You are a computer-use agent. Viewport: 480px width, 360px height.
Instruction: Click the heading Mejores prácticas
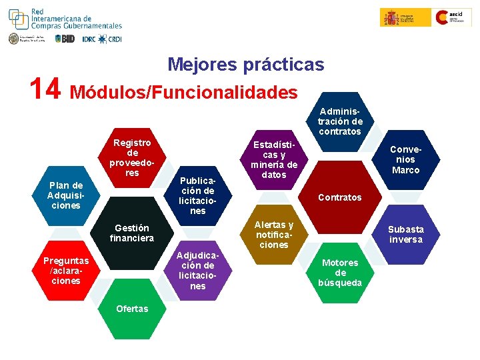(245, 65)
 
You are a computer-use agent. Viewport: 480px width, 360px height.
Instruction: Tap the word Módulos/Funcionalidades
(183, 92)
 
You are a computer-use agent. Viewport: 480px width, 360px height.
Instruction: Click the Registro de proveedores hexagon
(132, 158)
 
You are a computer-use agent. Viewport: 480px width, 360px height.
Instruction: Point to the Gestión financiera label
(132, 233)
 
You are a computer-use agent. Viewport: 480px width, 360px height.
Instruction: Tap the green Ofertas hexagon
(132, 308)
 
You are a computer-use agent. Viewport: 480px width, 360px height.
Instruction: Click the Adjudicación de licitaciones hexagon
(198, 271)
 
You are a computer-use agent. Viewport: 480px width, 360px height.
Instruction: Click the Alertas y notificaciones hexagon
(274, 235)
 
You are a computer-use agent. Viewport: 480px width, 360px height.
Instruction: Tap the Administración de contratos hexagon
(340, 121)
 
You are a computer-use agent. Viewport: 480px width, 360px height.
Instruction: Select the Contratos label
(340, 197)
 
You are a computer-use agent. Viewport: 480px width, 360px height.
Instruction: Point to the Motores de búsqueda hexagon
(340, 272)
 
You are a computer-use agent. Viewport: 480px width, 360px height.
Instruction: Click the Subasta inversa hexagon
(405, 234)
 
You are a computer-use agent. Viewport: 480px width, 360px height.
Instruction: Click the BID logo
(65, 39)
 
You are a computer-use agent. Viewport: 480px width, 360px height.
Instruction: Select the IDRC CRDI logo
(102, 39)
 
